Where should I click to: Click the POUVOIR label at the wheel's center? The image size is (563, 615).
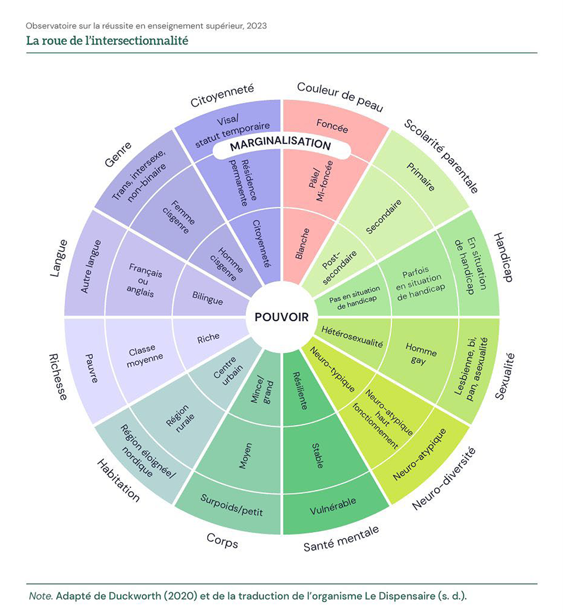[x=281, y=317]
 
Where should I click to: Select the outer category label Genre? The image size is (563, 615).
[x=118, y=155]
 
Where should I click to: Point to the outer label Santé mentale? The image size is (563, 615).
[x=341, y=538]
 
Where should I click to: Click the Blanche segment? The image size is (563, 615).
[x=302, y=244]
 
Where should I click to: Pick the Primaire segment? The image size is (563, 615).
[x=421, y=177]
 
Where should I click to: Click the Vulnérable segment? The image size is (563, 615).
[x=333, y=506]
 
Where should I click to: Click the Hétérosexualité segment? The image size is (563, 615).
[x=352, y=336]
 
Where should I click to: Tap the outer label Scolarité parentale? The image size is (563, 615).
[x=441, y=156]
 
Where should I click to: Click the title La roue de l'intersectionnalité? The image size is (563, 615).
[x=107, y=41]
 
